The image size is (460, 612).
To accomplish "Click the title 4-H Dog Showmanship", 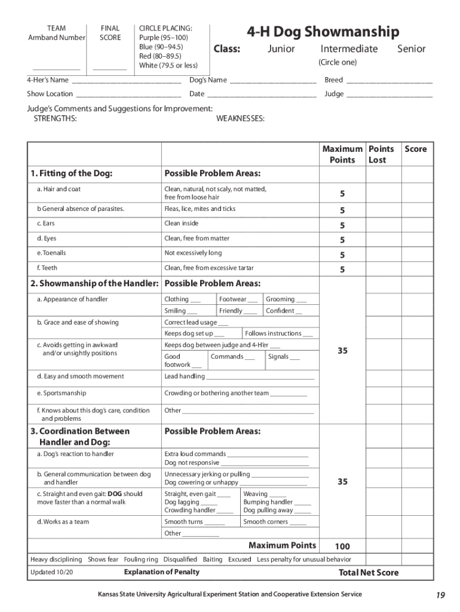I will point(323,31).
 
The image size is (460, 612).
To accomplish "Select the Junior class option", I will point(280,49).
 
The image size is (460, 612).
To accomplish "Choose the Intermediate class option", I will point(349,49).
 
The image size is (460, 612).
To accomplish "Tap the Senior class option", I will point(411,49).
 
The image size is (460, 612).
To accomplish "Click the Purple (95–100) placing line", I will point(161,37).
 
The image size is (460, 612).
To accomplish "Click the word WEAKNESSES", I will point(240,119).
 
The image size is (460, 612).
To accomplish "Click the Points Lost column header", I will point(381,154).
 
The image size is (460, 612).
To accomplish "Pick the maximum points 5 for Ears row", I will point(342,225).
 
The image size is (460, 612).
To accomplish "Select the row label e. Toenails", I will point(51,253).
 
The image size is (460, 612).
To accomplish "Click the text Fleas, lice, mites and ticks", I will point(200,209).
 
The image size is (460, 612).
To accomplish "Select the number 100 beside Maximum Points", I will point(342,546).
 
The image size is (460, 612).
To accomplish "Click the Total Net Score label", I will point(369,573).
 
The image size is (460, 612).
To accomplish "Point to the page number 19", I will point(440,595).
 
